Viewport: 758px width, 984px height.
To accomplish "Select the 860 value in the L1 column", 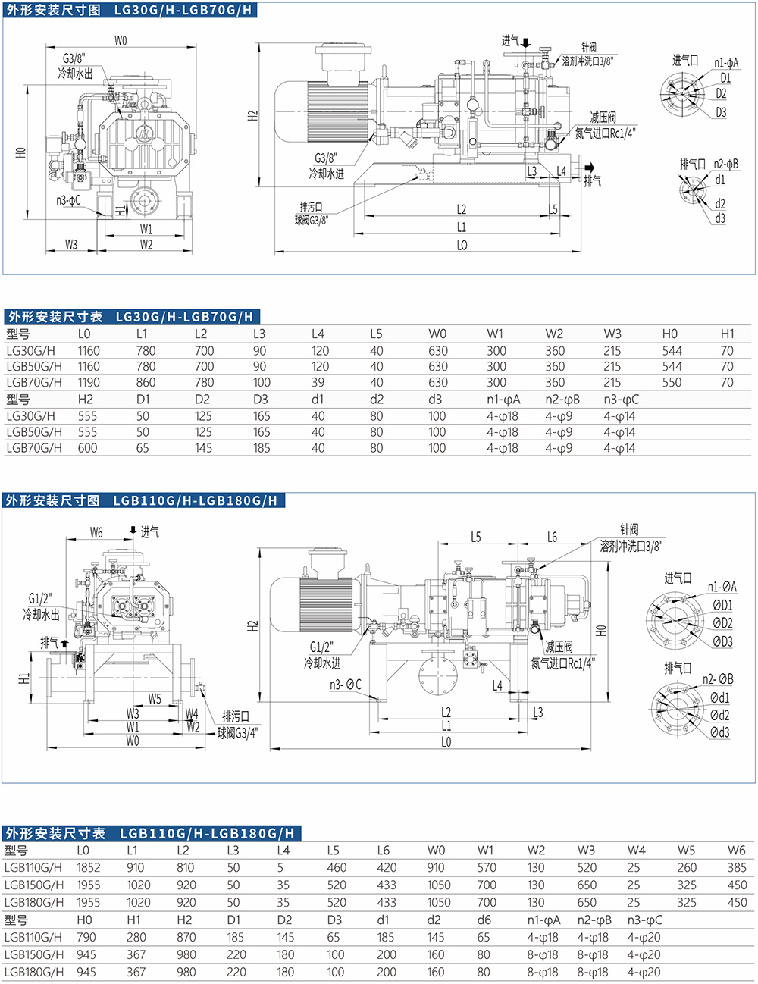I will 146,383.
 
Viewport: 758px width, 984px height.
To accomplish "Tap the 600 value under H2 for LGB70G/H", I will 87,448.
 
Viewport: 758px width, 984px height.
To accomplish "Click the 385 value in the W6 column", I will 737,868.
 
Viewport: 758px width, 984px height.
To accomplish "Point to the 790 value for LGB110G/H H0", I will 86,938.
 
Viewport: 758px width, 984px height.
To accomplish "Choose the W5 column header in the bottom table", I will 687,851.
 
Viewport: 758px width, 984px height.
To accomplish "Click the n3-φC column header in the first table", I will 621,400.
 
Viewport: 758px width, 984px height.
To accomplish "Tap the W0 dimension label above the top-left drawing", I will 121,41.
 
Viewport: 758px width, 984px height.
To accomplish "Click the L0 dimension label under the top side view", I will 462,245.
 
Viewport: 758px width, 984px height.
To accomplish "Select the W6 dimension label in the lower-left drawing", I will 96,533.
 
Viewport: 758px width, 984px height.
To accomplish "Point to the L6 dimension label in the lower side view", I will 552,537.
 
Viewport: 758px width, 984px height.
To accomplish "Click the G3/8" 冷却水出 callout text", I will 75,66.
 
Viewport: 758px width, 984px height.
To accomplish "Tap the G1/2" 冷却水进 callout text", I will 322,655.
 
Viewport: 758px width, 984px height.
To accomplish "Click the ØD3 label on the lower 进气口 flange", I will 722,641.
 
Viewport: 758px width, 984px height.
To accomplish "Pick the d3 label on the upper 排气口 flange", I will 720,218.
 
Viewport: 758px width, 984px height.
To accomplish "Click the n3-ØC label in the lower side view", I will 345,685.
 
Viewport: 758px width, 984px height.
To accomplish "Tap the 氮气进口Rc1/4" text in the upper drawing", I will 605,133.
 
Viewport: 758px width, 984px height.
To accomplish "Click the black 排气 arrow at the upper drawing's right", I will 589,168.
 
